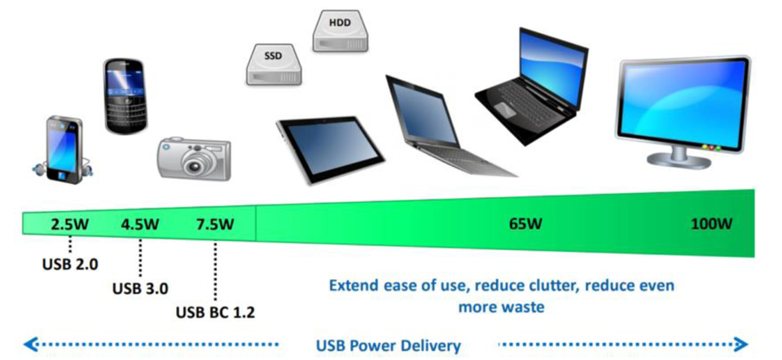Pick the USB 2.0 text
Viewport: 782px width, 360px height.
[69, 263]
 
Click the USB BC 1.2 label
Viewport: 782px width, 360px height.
[215, 311]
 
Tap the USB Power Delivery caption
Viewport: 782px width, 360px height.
[388, 345]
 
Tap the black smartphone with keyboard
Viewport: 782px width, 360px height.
[126, 95]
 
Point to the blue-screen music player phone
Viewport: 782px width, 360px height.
[64, 148]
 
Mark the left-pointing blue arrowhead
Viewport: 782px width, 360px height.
[29, 344]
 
